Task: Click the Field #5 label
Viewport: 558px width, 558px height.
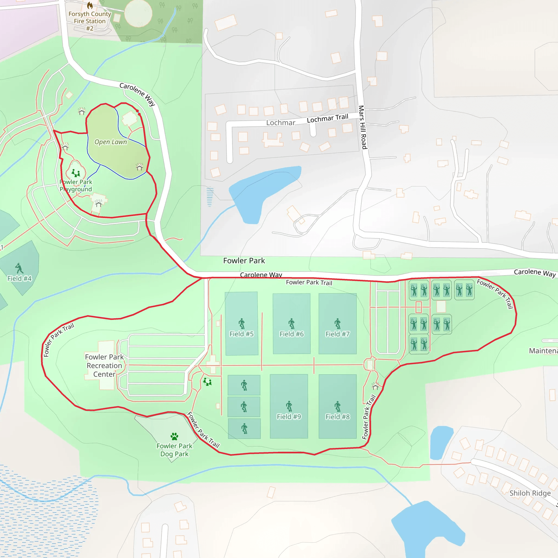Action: point(241,334)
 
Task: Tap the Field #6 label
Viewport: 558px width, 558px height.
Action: point(292,334)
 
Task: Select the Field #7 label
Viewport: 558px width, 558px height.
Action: point(337,334)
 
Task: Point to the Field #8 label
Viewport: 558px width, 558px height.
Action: point(337,417)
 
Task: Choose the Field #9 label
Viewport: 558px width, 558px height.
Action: point(289,417)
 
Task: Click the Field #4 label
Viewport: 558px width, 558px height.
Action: point(19,278)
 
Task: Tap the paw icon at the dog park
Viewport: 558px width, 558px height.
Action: point(174,436)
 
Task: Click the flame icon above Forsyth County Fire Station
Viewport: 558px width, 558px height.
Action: point(90,5)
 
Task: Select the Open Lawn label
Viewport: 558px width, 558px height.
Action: point(111,142)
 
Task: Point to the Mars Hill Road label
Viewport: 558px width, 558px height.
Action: point(363,127)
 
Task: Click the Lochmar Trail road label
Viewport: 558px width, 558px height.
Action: point(327,118)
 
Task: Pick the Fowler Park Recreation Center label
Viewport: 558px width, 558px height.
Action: point(104,365)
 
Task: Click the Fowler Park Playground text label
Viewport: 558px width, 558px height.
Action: point(76,186)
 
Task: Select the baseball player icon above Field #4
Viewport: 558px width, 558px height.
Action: point(19,268)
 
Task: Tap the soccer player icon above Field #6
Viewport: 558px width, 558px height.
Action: point(292,323)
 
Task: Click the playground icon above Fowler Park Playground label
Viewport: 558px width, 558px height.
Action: point(76,173)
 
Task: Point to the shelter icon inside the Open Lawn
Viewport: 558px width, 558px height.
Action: point(139,167)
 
